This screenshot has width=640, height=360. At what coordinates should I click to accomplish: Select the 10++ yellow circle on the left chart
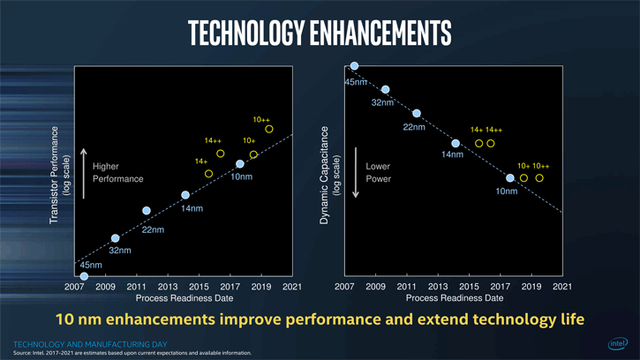tap(269, 130)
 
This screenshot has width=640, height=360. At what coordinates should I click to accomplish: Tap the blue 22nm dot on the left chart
tap(147, 211)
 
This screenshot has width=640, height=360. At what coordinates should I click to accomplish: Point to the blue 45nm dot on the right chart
tap(354, 65)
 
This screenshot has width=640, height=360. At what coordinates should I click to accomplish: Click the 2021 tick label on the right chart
tap(561, 287)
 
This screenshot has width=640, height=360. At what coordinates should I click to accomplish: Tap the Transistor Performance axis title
tap(55, 173)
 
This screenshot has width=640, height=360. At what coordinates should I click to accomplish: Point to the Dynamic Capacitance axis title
tap(325, 174)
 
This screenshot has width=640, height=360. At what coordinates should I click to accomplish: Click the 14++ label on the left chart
tap(214, 141)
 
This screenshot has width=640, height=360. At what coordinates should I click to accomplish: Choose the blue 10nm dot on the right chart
tap(510, 178)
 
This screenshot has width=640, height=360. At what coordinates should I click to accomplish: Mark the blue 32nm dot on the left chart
tap(115, 238)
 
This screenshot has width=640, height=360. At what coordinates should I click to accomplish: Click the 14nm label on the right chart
tap(452, 155)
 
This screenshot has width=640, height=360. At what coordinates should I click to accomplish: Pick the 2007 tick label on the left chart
tap(73, 287)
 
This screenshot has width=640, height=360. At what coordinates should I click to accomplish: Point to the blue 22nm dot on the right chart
tap(417, 113)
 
